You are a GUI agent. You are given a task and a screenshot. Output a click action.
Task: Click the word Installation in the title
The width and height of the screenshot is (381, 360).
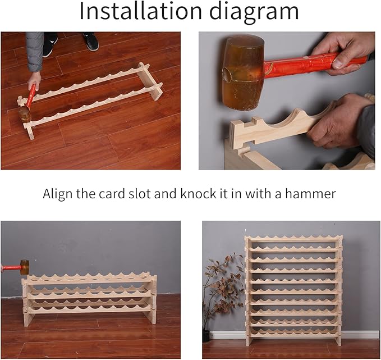click(x=141, y=11)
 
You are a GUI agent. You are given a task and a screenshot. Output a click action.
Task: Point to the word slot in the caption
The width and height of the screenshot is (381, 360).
click(x=139, y=194)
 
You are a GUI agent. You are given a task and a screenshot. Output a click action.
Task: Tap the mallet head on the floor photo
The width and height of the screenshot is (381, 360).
click(x=25, y=115)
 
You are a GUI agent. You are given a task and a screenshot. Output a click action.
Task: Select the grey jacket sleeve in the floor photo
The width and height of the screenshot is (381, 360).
click(x=35, y=52)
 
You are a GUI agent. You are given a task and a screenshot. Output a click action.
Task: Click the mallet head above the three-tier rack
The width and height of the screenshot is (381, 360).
click(x=25, y=267)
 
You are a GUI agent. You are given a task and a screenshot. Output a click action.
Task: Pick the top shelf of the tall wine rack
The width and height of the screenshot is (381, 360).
click(x=294, y=239)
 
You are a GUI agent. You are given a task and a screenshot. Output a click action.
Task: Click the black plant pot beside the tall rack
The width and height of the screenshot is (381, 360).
click(x=206, y=336)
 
